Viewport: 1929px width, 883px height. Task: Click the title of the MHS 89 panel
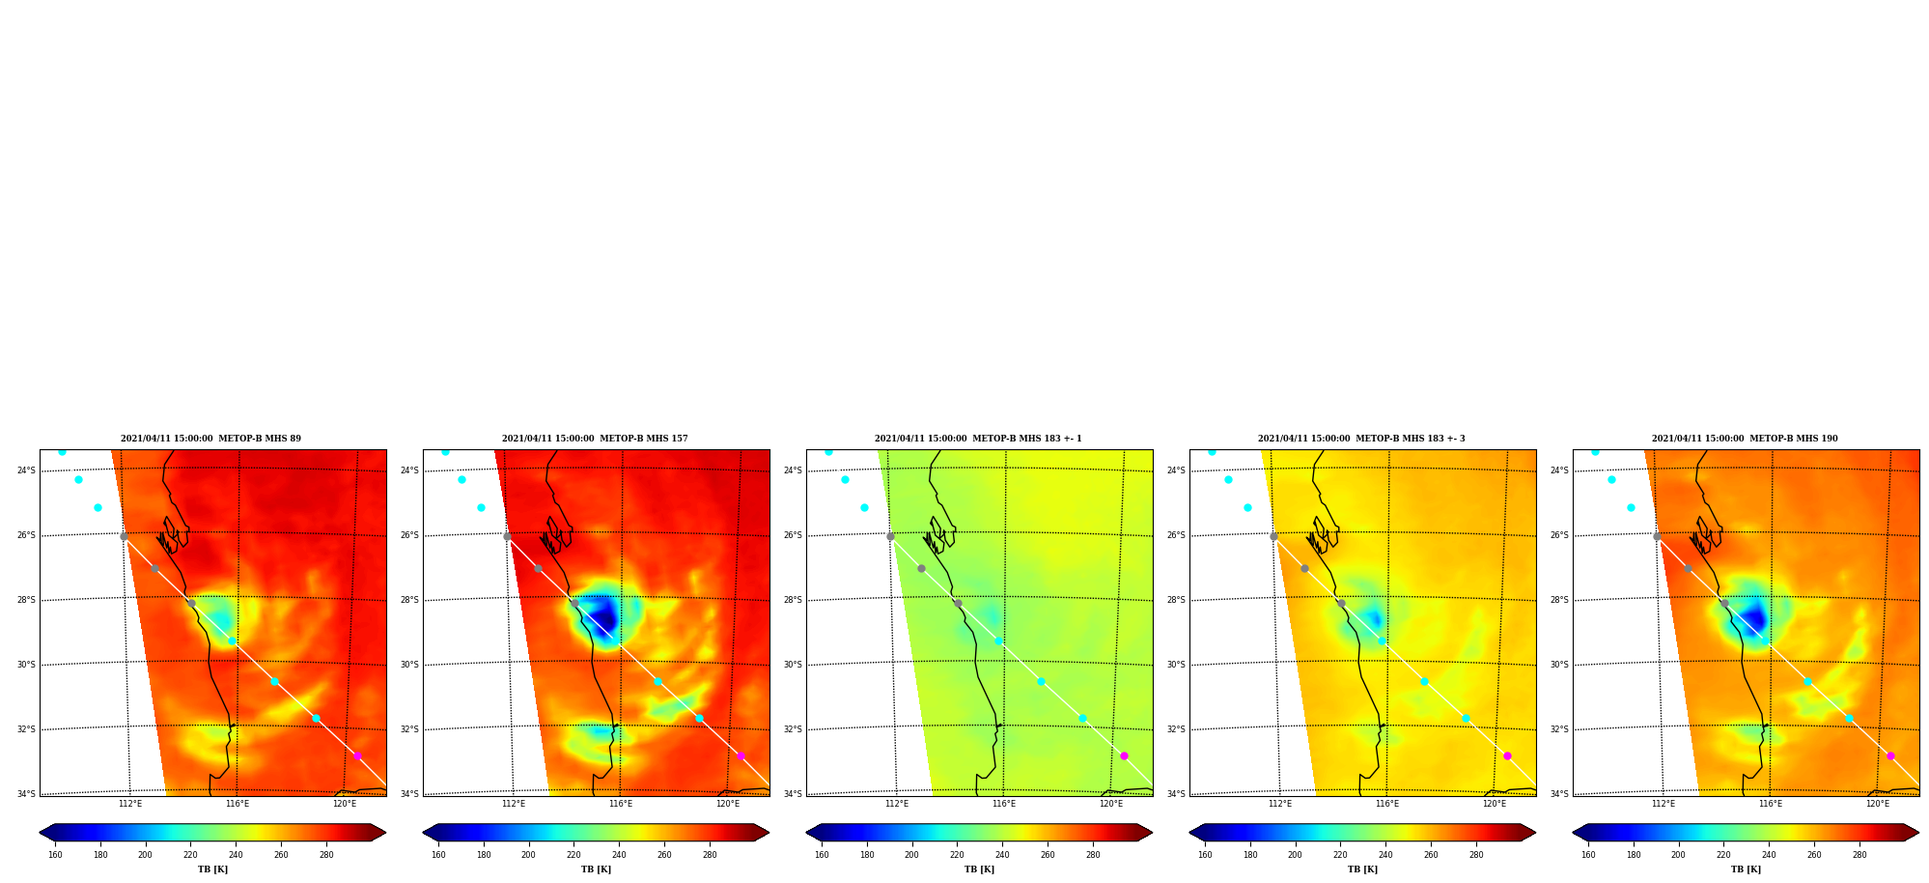tap(210, 439)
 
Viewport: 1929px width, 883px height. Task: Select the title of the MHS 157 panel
tap(595, 439)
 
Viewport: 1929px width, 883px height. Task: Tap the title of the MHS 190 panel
tap(1745, 439)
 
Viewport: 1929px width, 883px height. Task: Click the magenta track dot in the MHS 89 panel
tap(357, 755)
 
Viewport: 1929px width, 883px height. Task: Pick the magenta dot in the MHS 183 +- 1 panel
tap(1124, 755)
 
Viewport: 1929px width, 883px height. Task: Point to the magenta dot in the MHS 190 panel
tap(1890, 755)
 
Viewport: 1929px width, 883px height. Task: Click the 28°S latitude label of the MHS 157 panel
tap(409, 600)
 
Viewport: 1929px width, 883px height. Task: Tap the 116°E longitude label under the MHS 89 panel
tap(238, 804)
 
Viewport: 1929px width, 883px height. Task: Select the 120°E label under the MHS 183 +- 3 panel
tap(1495, 804)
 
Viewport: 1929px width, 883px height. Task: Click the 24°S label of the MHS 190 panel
tap(1559, 470)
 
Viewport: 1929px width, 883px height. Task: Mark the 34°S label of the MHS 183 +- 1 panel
tap(793, 794)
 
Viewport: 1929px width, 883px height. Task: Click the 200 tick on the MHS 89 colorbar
tap(145, 855)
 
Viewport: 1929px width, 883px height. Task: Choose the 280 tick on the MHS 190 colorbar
tap(1859, 855)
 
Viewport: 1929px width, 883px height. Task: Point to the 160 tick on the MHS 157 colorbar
tap(438, 855)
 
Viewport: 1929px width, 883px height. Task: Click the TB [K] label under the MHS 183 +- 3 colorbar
tap(1362, 869)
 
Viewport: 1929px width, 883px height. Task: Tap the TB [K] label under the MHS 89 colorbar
tap(212, 869)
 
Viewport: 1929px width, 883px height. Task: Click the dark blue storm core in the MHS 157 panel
tap(603, 613)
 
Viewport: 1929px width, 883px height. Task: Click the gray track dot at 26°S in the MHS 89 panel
tap(124, 536)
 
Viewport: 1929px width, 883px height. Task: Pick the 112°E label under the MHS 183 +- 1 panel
tap(897, 804)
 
